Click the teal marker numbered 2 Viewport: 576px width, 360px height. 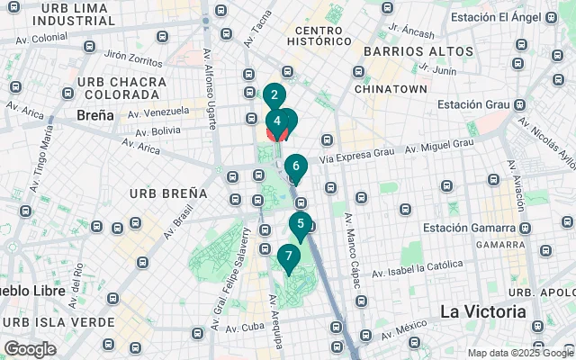(274, 94)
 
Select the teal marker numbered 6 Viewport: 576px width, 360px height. (295, 166)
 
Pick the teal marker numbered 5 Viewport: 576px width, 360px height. (300, 225)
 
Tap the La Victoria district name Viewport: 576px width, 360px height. (483, 311)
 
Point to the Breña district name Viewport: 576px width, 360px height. (94, 115)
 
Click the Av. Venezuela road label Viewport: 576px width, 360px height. (158, 112)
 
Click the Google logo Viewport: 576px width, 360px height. (30, 349)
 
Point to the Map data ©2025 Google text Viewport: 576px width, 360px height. (519, 353)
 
